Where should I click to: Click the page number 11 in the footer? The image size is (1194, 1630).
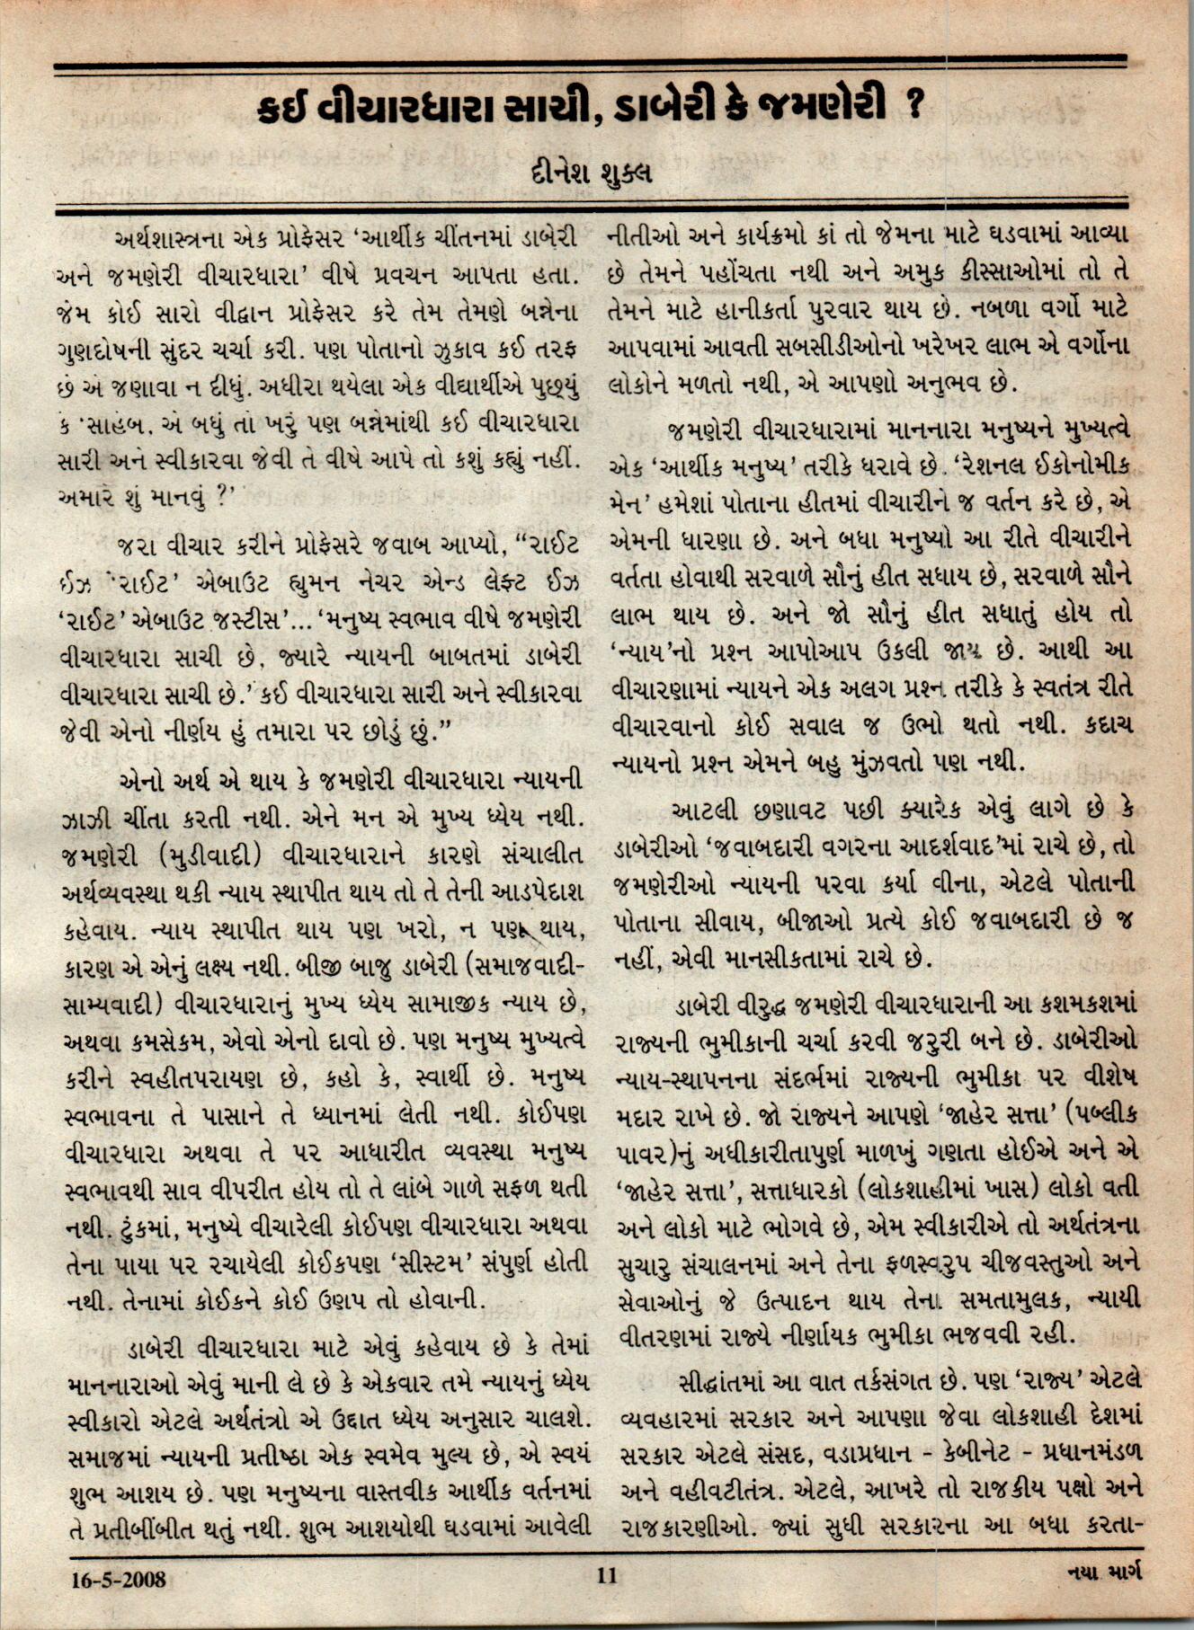607,1574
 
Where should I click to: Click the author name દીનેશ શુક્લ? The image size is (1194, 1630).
591,171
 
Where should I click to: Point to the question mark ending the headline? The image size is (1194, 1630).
915,108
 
